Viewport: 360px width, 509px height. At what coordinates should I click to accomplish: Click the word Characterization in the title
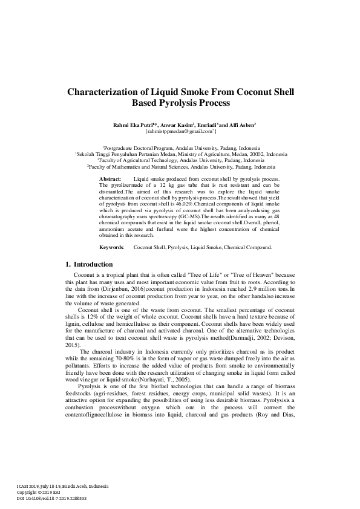(106, 92)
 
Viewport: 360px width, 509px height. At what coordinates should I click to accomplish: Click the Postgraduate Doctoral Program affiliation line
(182, 148)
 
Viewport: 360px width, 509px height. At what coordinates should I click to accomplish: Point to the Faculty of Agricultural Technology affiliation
(182, 160)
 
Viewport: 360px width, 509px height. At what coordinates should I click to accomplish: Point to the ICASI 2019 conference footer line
(55, 486)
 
